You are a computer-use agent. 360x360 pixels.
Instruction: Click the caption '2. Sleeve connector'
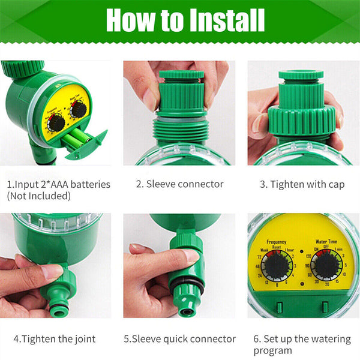pos(179,184)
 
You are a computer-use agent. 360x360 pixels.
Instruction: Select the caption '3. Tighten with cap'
pos(302,184)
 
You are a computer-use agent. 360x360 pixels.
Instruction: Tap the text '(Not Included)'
pos(38,196)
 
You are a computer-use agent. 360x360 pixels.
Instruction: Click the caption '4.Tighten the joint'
pos(53,338)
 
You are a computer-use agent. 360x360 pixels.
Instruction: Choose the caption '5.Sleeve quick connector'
pos(179,338)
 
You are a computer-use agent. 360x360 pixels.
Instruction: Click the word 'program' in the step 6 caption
pos(272,350)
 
